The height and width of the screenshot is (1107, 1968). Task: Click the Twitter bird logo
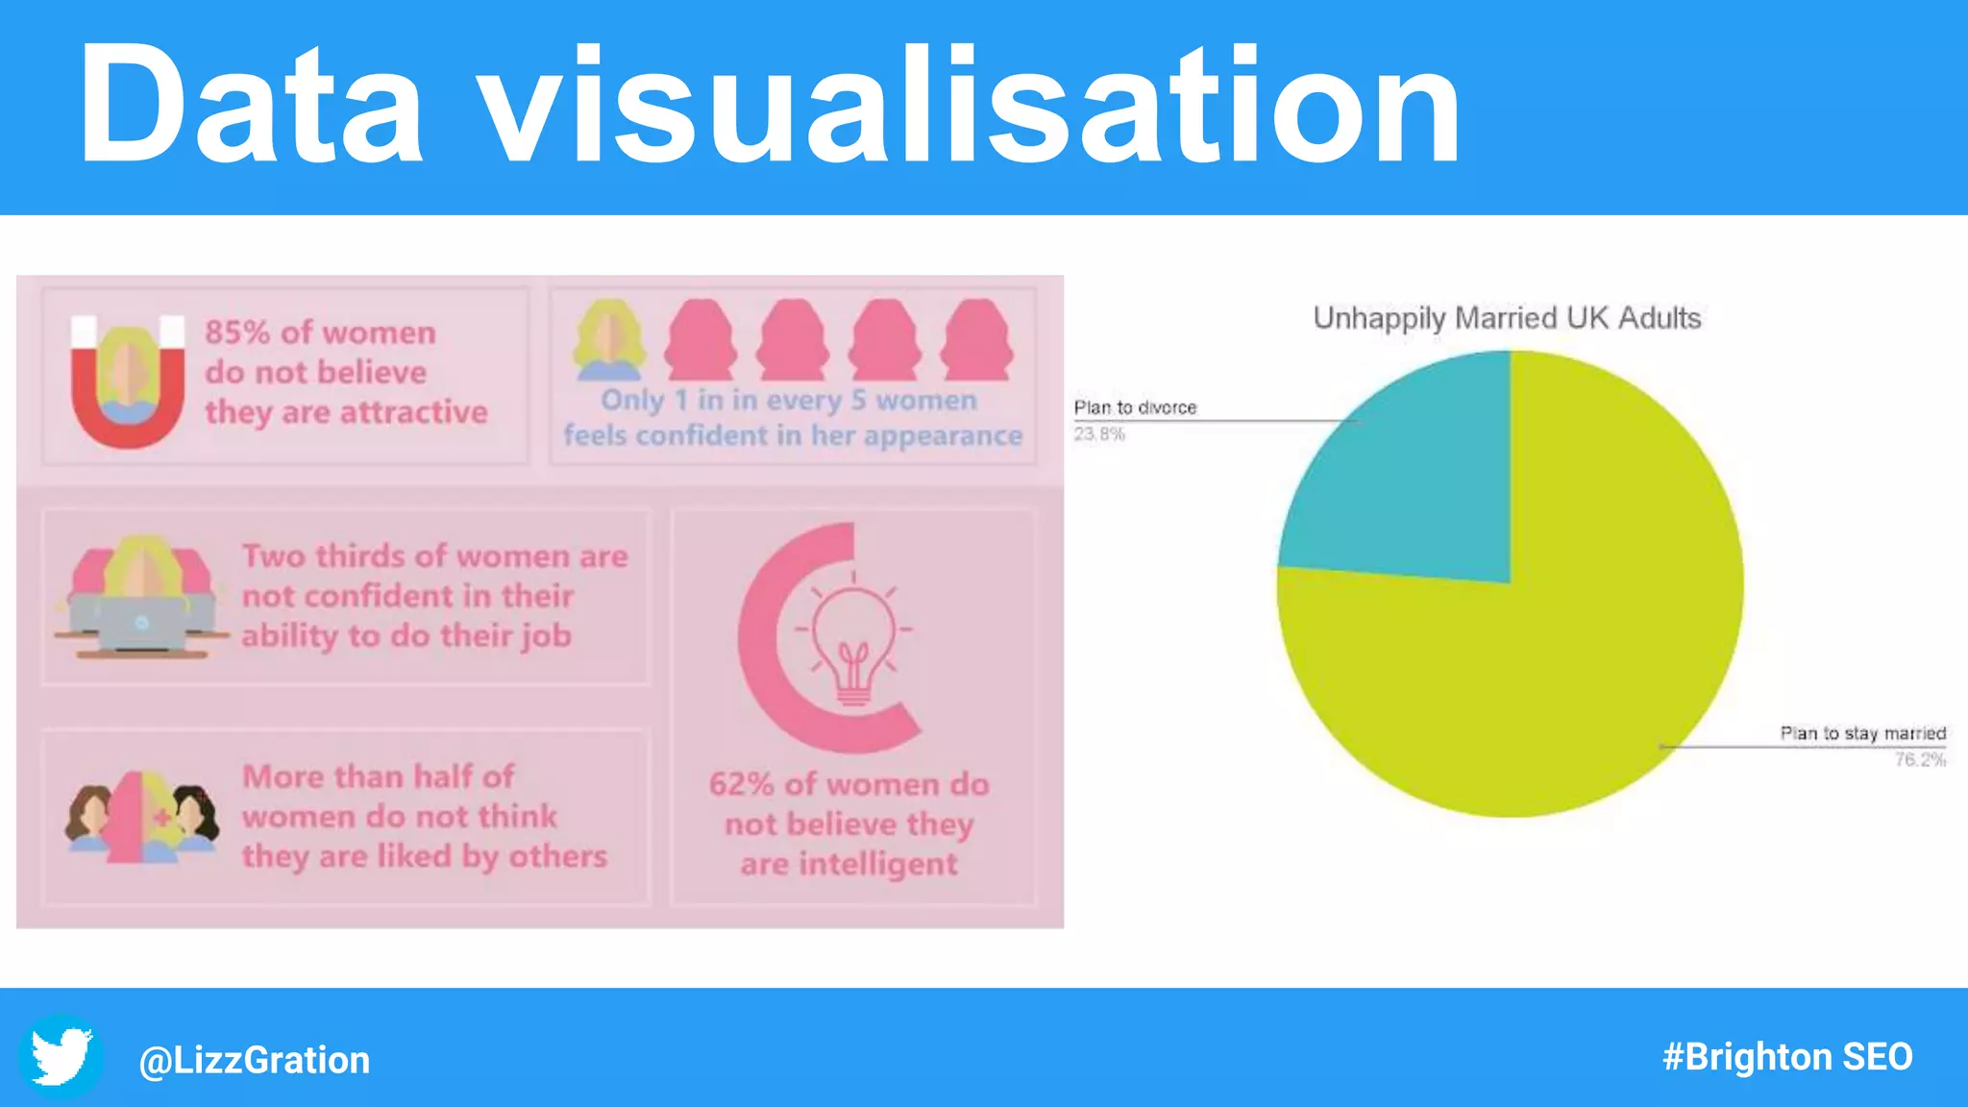(x=61, y=1056)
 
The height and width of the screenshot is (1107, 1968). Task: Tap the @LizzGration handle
(x=255, y=1060)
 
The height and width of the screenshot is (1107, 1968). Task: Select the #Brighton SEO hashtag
(x=1787, y=1057)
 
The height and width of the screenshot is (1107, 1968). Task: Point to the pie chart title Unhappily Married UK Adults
(x=1507, y=318)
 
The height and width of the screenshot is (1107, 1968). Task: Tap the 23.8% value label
(x=1099, y=434)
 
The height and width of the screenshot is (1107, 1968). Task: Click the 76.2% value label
(x=1920, y=760)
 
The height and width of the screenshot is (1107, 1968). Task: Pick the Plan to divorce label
(x=1135, y=407)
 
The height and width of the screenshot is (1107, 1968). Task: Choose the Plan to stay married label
(x=1862, y=733)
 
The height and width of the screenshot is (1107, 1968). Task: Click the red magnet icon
(x=128, y=384)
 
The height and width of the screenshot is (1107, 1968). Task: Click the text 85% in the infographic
(x=237, y=332)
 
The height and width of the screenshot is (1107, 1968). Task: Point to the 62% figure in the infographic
(x=741, y=784)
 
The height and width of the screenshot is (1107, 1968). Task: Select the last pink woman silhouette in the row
(x=976, y=341)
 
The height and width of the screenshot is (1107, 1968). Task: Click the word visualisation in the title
(x=971, y=106)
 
